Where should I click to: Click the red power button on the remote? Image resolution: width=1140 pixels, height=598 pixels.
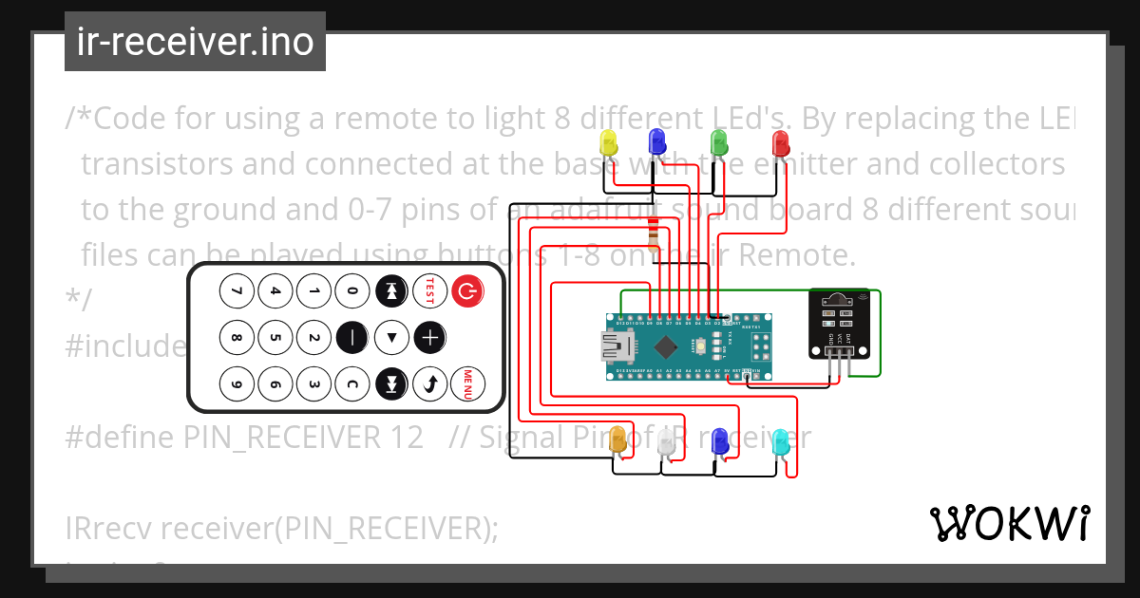pos(465,291)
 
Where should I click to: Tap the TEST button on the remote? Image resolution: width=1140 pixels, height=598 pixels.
pos(428,291)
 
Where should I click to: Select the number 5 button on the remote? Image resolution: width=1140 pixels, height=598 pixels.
pos(275,337)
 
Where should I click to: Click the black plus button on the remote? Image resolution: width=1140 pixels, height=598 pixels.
pos(429,337)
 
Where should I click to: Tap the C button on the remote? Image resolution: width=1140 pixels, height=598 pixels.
pos(351,383)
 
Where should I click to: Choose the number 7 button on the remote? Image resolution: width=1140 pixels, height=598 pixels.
pos(237,291)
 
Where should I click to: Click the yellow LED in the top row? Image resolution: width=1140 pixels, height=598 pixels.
pos(609,143)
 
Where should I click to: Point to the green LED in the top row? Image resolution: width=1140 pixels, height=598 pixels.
pos(719,143)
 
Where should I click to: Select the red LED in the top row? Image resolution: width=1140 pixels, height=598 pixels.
pos(780,143)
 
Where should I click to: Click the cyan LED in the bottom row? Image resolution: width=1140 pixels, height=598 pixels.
pos(780,441)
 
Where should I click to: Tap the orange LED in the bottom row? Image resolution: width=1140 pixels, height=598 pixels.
pos(617,439)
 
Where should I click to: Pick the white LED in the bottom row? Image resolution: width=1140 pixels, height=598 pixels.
pos(666,441)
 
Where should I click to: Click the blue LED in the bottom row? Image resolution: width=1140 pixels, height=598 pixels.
pos(719,440)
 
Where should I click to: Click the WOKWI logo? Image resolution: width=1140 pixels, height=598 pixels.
pos(1009,523)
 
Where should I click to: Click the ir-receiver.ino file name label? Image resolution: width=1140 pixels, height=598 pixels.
pos(195,43)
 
